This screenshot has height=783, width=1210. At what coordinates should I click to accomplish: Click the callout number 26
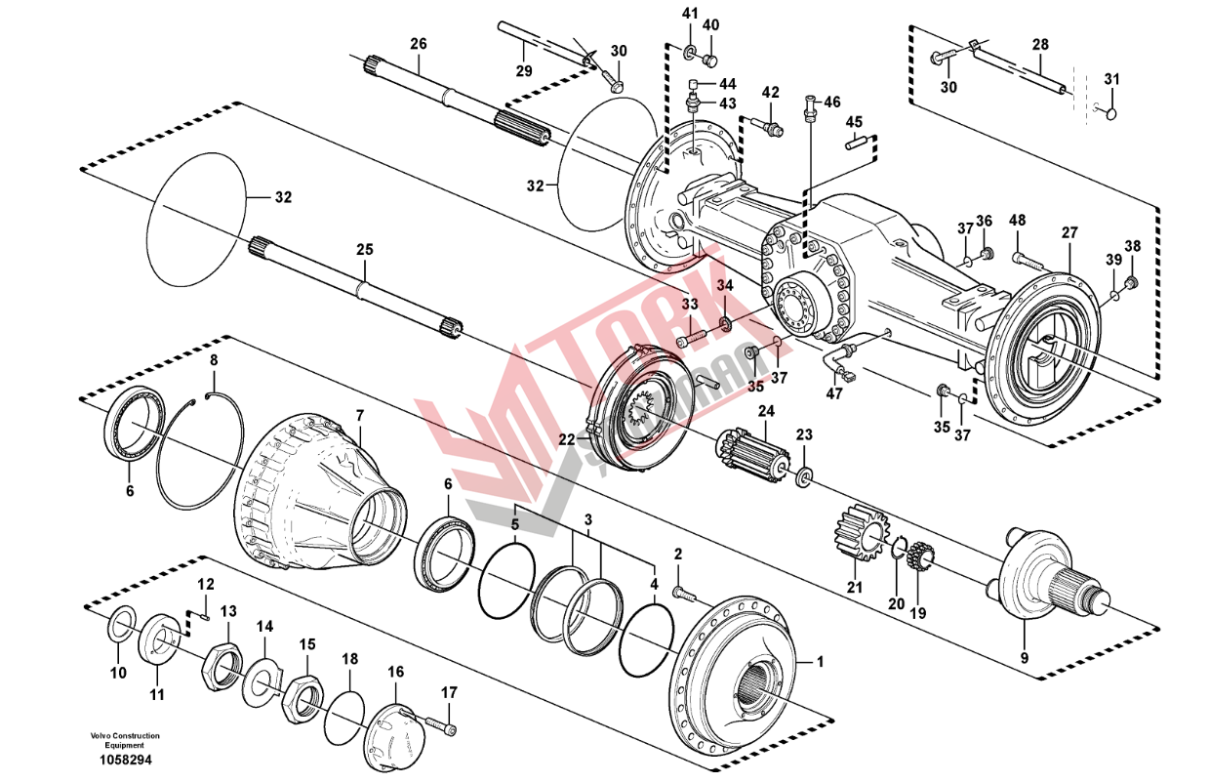(419, 44)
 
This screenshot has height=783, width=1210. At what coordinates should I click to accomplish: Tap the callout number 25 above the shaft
(364, 250)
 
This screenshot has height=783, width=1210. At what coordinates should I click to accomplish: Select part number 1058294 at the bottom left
(125, 759)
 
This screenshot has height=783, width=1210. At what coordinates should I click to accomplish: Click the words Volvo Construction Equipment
(125, 740)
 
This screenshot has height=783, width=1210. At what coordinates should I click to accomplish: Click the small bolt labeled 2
(685, 592)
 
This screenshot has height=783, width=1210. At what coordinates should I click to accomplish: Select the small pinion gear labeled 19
(920, 559)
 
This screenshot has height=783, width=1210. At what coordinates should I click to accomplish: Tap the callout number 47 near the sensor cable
(833, 393)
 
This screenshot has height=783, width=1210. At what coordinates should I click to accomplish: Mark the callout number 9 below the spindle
(1024, 658)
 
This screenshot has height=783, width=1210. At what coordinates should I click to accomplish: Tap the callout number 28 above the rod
(1040, 45)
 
